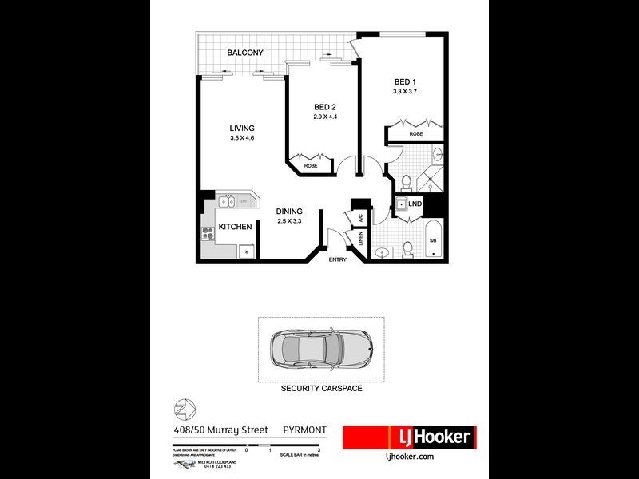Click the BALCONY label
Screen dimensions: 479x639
tap(245, 53)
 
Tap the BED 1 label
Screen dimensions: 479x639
tap(406, 81)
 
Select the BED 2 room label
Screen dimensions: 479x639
tap(325, 108)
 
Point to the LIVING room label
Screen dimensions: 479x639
tap(241, 129)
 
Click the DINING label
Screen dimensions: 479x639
tap(289, 212)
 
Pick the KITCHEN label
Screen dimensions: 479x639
tap(236, 227)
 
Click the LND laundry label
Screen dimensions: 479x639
tap(415, 204)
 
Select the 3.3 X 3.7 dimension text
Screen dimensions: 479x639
tap(406, 92)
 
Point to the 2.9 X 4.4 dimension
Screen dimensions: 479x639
tap(325, 117)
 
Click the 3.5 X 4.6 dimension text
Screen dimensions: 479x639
tap(241, 138)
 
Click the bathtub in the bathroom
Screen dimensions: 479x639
tap(433, 237)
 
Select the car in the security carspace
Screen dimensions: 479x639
tap(319, 350)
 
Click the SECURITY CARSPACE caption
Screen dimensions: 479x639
tap(321, 388)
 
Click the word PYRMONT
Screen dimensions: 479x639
tap(306, 430)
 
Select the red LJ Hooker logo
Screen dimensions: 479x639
tap(409, 437)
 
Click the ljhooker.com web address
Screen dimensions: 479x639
tap(409, 456)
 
